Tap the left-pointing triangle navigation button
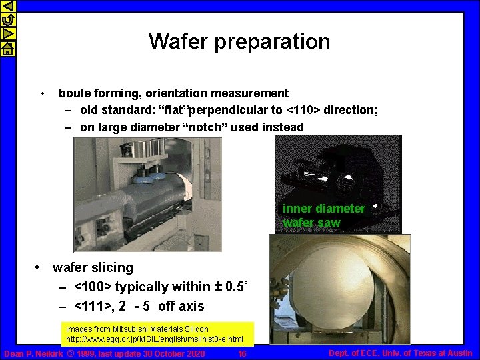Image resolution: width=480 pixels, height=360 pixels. [7, 7]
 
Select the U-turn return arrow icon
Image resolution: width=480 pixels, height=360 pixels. [7, 21]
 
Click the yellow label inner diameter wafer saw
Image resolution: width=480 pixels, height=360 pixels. [323, 215]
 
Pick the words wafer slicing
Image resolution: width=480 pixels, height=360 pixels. [93, 267]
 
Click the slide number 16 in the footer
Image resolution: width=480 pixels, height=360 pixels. [242, 353]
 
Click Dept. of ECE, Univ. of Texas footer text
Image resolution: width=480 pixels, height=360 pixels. [401, 353]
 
